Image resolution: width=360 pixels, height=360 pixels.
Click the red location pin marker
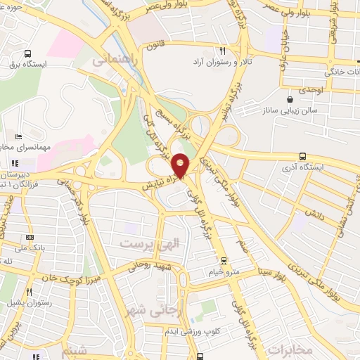(x=181, y=166)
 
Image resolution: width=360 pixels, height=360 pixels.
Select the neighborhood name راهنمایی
(x=112, y=61)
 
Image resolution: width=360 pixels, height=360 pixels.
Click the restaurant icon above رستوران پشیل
(x=30, y=291)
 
